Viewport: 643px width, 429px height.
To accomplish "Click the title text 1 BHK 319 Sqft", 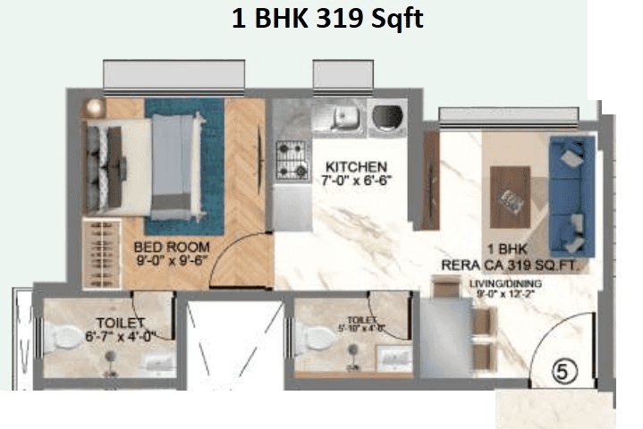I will (x=327, y=19).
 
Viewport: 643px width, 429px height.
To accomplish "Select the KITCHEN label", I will (x=356, y=167).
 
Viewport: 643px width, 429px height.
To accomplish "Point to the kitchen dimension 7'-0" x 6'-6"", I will (x=356, y=182).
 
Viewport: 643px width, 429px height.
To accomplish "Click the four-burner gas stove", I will (x=291, y=162).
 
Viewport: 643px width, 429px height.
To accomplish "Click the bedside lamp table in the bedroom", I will (x=94, y=107).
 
